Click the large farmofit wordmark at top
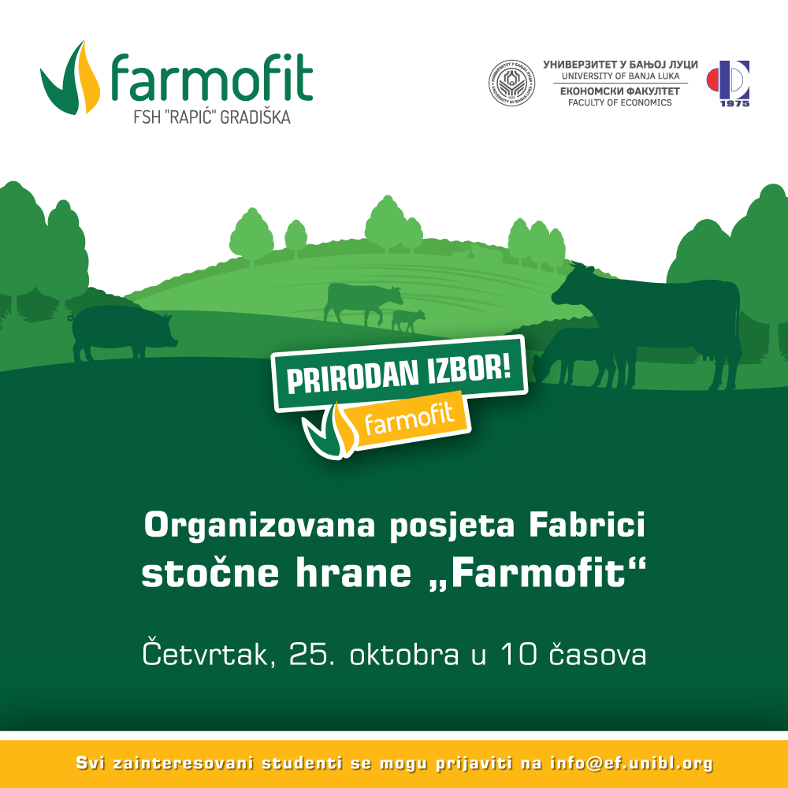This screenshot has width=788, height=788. pos(211,78)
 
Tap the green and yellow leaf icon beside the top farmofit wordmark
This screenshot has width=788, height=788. pos(70,78)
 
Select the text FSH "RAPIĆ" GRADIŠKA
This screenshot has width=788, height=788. pos(211,117)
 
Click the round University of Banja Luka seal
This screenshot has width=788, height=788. pos(511,83)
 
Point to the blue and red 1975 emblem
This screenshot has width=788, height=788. pos(728,84)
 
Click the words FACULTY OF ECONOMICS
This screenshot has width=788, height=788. pos(619,102)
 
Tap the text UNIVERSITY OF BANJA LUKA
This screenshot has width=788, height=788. pos(620,76)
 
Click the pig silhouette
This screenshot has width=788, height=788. pos(123,332)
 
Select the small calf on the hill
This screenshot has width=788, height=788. pos(408,321)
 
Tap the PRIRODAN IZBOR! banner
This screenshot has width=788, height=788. pos(399,374)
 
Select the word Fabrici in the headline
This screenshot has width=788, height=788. pos(587,525)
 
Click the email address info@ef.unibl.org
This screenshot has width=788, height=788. pos(631,764)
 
